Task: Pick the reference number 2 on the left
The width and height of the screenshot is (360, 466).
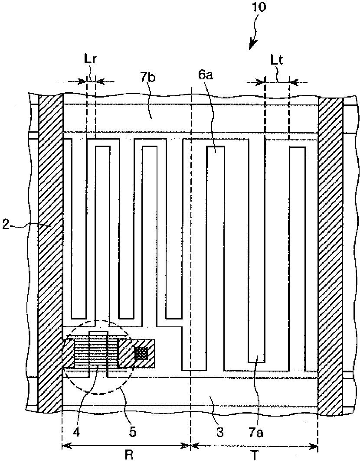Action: (6, 226)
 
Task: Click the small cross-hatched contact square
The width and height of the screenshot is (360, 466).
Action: (141, 353)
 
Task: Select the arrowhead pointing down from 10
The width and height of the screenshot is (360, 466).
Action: (253, 45)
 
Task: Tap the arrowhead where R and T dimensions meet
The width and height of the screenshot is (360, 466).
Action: (190, 445)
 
